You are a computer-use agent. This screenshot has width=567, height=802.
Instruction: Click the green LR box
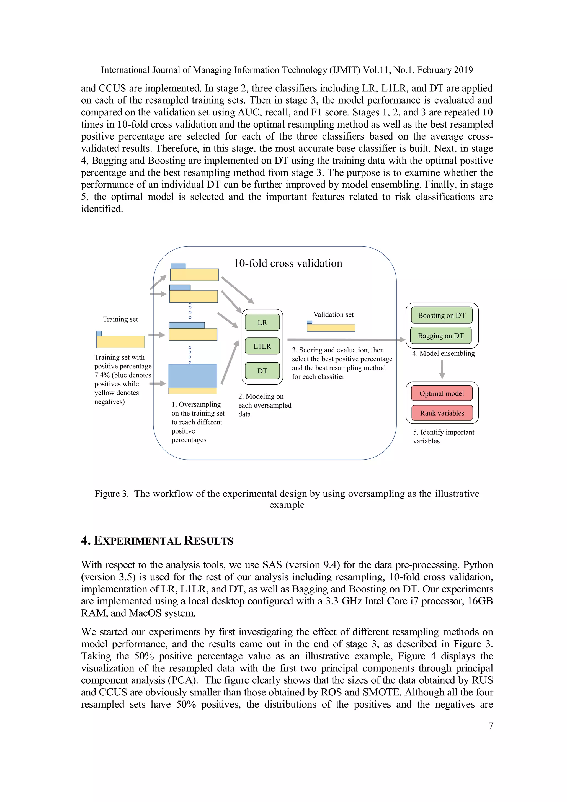(x=262, y=323)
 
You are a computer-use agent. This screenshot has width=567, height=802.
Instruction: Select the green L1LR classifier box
(x=262, y=346)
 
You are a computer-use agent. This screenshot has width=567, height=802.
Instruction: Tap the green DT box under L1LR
(x=262, y=371)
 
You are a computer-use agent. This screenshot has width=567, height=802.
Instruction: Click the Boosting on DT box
(x=442, y=315)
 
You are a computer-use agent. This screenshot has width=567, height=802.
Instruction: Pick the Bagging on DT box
(x=440, y=336)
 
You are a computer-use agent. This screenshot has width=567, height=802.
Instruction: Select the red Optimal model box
(x=442, y=393)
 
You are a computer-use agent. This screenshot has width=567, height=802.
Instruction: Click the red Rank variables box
(x=442, y=413)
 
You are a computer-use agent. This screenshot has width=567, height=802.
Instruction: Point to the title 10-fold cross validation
(x=288, y=263)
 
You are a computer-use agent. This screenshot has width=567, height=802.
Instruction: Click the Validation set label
(x=333, y=314)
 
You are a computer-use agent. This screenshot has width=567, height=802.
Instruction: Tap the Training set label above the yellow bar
(x=120, y=319)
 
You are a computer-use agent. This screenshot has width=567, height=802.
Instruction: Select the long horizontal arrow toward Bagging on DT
(x=346, y=339)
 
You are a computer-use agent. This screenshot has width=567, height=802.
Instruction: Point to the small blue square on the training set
(x=99, y=333)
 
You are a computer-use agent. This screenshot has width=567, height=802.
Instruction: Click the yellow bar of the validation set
(x=331, y=328)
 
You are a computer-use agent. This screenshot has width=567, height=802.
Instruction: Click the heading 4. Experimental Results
(x=157, y=541)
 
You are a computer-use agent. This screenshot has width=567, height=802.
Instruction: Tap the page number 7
(x=491, y=726)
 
